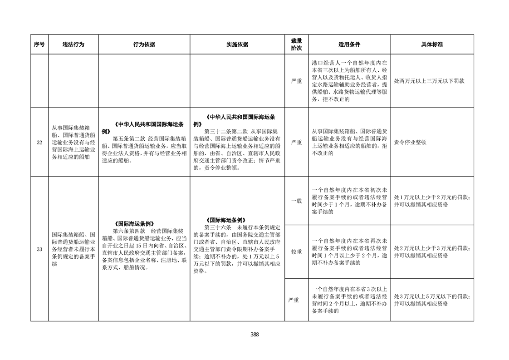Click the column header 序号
39,44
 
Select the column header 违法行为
73,44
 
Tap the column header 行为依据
144,44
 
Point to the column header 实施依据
237,44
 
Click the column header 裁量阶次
296,44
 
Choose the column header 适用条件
349,44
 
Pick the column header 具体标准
432,44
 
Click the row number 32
39,143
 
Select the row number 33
39,249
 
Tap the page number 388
254,335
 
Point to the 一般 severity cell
296,201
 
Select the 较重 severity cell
296,252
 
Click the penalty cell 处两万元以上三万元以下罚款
429,81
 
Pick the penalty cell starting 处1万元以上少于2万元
432,201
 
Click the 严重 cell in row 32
296,142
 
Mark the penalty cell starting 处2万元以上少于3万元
432,252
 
